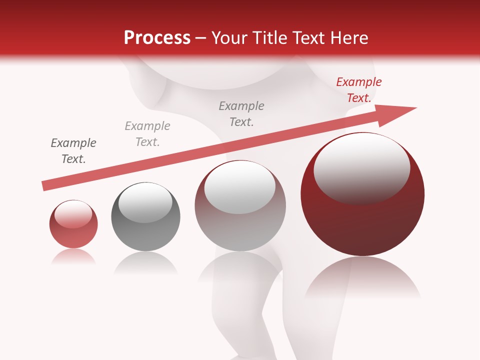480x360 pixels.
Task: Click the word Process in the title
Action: (157, 38)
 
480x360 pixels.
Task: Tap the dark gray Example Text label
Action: (73, 151)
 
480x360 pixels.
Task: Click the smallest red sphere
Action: (73, 232)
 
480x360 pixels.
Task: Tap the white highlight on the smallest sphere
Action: (73, 214)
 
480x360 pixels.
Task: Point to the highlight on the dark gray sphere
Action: (145, 202)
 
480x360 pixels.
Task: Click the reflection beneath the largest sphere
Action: (362, 280)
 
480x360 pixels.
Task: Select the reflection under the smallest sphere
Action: (73, 257)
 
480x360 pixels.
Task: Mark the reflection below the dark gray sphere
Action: (145, 263)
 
